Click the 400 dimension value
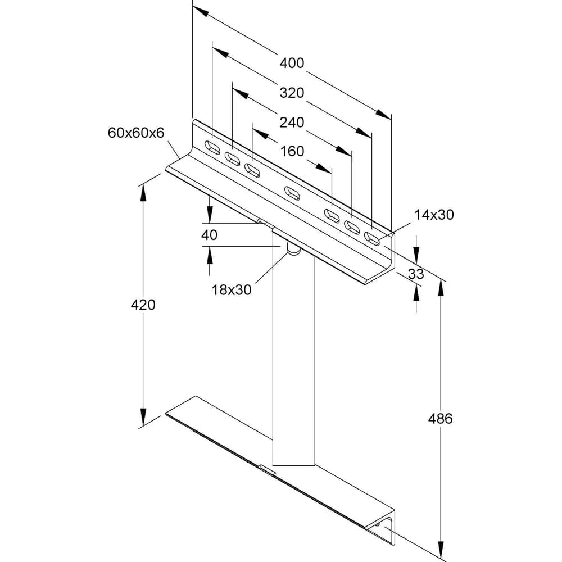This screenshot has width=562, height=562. (292, 63)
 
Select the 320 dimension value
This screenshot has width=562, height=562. (292, 93)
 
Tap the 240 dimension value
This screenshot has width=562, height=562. (292, 123)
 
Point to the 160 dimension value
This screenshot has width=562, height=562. (292, 151)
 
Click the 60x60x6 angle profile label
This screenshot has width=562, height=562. (136, 133)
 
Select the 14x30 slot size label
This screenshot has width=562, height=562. (434, 215)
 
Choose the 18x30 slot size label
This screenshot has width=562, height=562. (232, 290)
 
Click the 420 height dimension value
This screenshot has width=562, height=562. (143, 305)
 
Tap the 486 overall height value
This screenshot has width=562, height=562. (441, 418)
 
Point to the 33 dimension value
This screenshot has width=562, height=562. (416, 274)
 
